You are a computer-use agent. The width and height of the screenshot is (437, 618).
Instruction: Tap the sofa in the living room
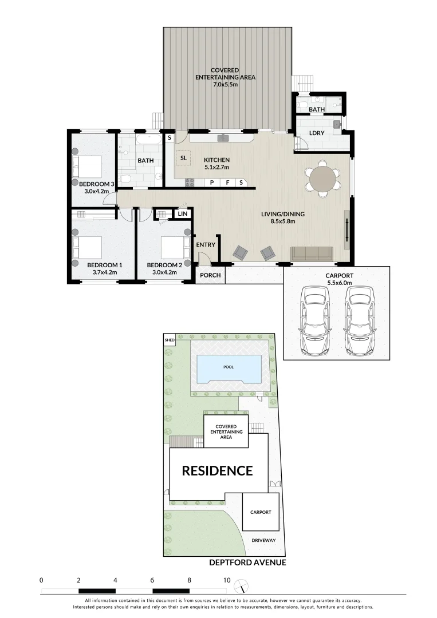312,253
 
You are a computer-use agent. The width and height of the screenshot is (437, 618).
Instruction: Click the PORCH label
210,275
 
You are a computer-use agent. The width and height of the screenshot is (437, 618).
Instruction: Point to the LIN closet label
183,213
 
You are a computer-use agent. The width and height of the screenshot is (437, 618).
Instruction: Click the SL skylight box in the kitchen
183,158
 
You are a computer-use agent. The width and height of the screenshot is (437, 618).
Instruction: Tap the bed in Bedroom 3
89,167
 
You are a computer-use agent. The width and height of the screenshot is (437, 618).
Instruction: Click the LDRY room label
317,133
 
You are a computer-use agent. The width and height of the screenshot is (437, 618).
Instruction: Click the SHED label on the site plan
169,340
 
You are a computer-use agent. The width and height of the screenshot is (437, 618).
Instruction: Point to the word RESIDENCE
217,471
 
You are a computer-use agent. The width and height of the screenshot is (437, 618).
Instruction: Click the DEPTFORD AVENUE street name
247,562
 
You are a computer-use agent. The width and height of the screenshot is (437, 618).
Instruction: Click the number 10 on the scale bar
226,580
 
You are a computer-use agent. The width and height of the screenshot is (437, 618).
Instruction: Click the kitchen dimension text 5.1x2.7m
216,168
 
